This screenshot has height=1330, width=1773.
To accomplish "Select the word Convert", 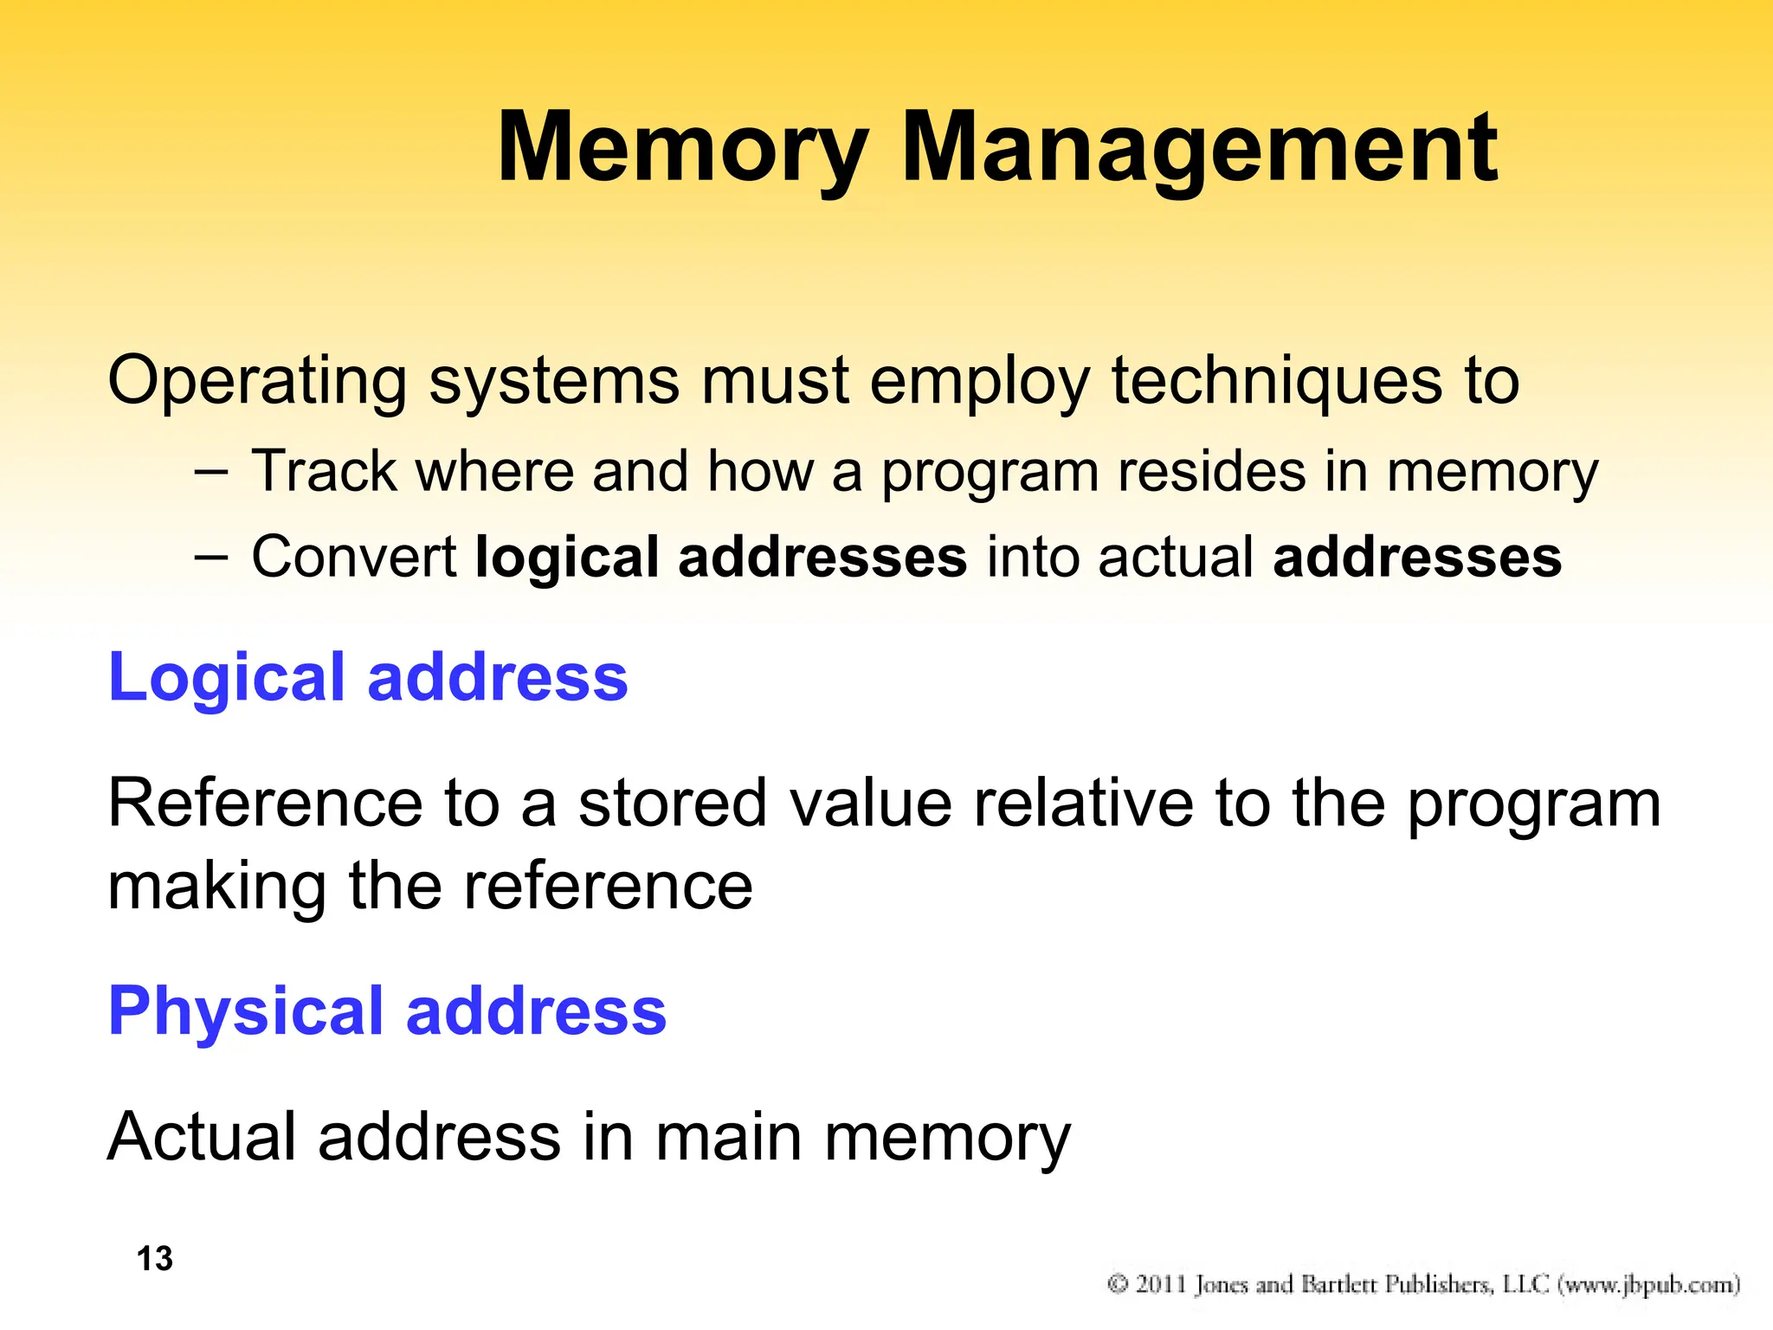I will pyautogui.click(x=353, y=557).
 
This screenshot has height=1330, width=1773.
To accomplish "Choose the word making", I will pyautogui.click(x=216, y=888).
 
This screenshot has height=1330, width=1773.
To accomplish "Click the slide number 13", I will pyautogui.click(x=155, y=1259).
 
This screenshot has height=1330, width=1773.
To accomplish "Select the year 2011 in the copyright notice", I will pyautogui.click(x=1160, y=1283).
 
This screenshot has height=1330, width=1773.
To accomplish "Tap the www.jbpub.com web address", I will pyautogui.click(x=1648, y=1284).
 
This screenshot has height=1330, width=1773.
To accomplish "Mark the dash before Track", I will pyautogui.click(x=211, y=473).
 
